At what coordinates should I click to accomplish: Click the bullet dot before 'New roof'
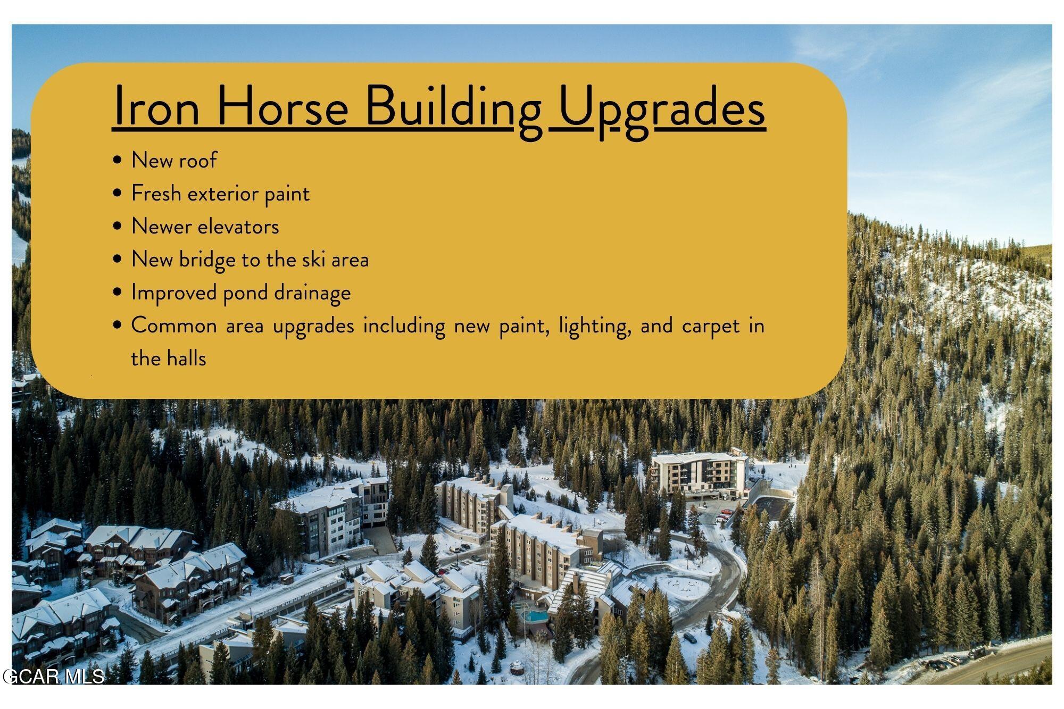(x=118, y=161)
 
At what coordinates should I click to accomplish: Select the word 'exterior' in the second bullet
(x=223, y=194)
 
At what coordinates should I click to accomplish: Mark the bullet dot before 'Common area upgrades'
(x=118, y=326)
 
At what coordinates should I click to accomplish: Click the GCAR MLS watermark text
(x=53, y=677)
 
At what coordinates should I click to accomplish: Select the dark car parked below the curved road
(x=690, y=636)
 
